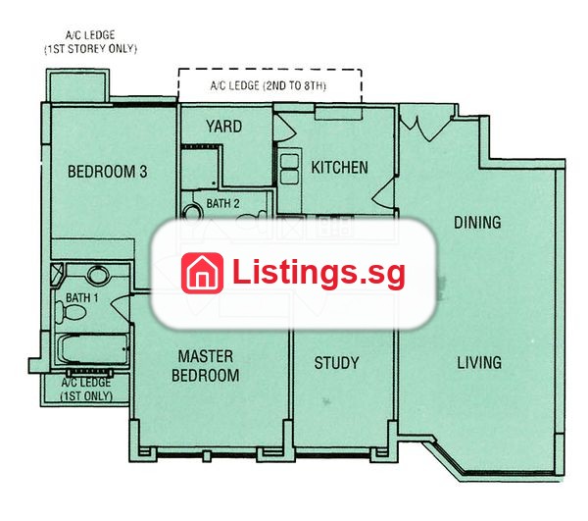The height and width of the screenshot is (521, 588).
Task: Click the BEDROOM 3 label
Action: (x=107, y=172)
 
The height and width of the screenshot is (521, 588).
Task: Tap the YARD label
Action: (x=223, y=127)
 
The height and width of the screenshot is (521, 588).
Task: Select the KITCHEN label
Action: (x=339, y=168)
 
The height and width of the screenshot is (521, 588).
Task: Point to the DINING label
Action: (x=477, y=222)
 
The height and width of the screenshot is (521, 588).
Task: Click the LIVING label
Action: (x=479, y=362)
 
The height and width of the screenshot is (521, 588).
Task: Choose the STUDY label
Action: (x=336, y=363)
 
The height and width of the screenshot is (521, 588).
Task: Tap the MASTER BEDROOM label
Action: (x=206, y=366)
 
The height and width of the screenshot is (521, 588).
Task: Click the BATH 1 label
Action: (x=81, y=297)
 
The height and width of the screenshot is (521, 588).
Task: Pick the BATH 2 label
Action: (x=222, y=203)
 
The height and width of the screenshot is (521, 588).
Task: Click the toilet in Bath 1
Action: (x=71, y=312)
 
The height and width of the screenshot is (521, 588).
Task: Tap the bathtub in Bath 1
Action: (x=94, y=349)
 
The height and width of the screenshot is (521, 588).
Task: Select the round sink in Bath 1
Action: (x=98, y=275)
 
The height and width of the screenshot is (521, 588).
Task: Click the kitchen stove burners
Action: (x=289, y=169)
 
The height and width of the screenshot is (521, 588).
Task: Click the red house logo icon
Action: (x=202, y=273)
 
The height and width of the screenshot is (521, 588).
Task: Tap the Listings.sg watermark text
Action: (x=318, y=274)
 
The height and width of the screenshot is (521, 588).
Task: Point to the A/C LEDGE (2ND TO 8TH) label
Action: (x=268, y=85)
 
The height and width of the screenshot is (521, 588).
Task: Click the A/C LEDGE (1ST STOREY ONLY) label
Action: (x=90, y=41)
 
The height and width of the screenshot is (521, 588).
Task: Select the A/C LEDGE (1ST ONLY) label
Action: (x=86, y=390)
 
